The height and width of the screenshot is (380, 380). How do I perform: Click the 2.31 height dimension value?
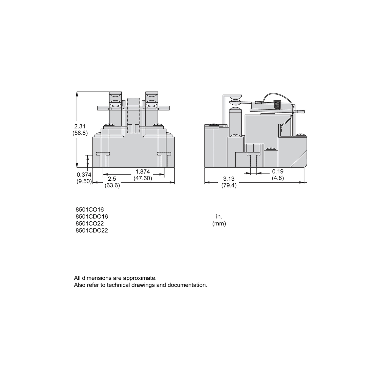pos(80,126)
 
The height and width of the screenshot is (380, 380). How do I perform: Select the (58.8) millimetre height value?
pos(80,133)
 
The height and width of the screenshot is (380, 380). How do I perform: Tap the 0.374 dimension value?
pos(84,175)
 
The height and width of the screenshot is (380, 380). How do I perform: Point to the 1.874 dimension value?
pos(143,172)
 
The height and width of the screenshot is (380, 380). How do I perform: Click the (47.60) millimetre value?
pos(143,178)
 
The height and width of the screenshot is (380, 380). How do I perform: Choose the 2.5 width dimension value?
pos(112,179)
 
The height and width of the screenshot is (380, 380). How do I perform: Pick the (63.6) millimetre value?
pos(112,185)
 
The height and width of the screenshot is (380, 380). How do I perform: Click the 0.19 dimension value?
pos(278,172)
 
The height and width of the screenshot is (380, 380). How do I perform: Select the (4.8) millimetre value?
pos(278,178)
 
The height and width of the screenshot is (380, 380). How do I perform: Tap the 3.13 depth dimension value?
pos(229,179)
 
